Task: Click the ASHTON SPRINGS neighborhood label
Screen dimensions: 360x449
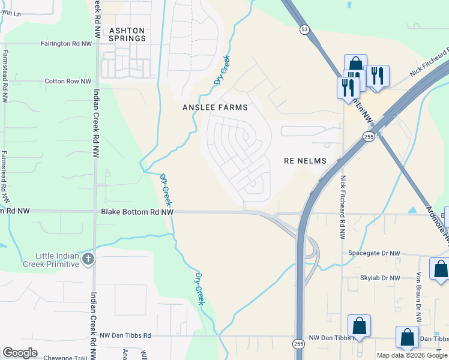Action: click(x=127, y=34)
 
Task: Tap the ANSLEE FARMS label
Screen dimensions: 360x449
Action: click(x=214, y=107)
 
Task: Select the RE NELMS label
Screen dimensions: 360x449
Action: click(x=305, y=161)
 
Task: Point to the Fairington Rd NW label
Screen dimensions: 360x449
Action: click(x=66, y=44)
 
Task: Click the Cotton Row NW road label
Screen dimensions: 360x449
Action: click(x=68, y=82)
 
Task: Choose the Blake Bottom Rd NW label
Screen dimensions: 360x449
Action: click(x=137, y=212)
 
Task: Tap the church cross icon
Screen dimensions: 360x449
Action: click(x=88, y=259)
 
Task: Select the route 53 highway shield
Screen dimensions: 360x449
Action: click(x=305, y=29)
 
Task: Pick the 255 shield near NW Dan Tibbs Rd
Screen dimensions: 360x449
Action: click(x=298, y=344)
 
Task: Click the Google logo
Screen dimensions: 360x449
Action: click(x=20, y=353)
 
